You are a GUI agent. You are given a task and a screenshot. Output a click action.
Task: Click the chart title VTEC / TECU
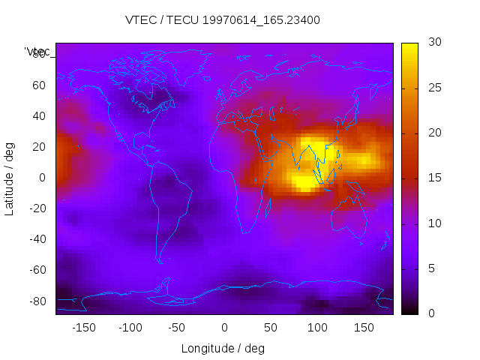pyautogui.click(x=223, y=20)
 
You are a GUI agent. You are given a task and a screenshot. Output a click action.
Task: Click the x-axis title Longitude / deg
pyautogui.click(x=223, y=349)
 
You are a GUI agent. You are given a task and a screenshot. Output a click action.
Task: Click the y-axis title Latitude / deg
pyautogui.click(x=10, y=178)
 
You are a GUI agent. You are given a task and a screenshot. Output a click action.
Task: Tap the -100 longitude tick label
pyautogui.click(x=130, y=328)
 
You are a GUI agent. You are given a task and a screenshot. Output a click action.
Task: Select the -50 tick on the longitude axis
pyautogui.click(x=178, y=328)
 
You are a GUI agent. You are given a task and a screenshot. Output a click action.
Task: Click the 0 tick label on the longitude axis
pyautogui.click(x=224, y=328)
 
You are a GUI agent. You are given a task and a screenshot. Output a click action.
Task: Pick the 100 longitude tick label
pyautogui.click(x=317, y=328)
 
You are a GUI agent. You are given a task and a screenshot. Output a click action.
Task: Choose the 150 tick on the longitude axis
pyautogui.click(x=364, y=328)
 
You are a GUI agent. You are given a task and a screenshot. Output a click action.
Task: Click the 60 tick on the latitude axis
pyautogui.click(x=38, y=85)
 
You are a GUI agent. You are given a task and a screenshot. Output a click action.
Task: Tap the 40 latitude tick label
pyautogui.click(x=38, y=116)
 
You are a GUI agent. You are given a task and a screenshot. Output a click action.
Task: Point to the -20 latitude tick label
pyautogui.click(x=36, y=208)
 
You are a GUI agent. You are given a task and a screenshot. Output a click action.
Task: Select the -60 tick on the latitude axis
pyautogui.click(x=36, y=270)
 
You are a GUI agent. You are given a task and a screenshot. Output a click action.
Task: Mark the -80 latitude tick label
pyautogui.click(x=36, y=301)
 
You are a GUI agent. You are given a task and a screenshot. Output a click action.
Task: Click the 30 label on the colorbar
pyautogui.click(x=433, y=43)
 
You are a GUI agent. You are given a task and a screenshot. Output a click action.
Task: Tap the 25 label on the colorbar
pyautogui.click(x=433, y=88)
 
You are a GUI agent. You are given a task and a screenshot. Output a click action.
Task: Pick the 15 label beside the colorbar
pyautogui.click(x=433, y=178)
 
